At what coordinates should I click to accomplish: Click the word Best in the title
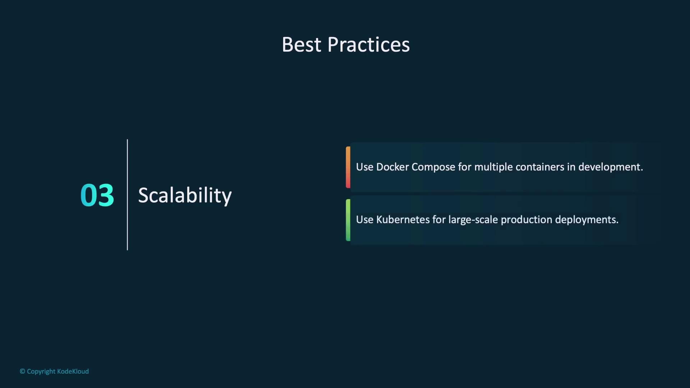pos(302,45)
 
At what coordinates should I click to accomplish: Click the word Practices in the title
pos(369,45)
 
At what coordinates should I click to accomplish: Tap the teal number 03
pos(97,195)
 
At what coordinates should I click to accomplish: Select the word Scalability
pos(185,195)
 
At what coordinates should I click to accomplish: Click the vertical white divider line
pos(127,195)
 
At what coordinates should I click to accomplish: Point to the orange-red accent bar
pos(348,167)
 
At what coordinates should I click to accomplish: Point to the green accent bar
pos(348,220)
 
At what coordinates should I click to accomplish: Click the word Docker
pos(392,167)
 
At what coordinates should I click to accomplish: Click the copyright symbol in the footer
pos(22,371)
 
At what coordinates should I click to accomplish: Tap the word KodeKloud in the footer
pos(73,371)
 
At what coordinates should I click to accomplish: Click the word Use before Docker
pos(365,167)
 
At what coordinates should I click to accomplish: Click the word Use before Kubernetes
pos(365,220)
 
